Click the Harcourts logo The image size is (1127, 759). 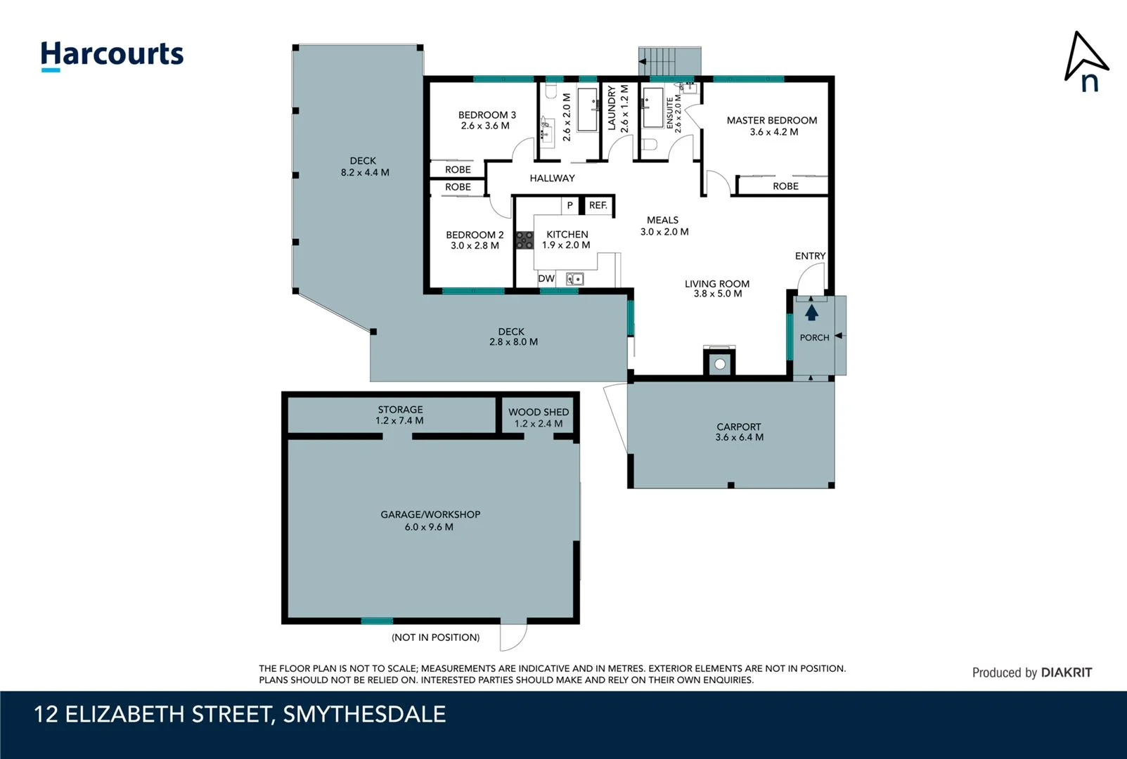click(112, 55)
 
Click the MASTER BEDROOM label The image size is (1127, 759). click(771, 121)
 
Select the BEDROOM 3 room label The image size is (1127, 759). click(487, 115)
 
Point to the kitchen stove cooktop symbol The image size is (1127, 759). click(524, 240)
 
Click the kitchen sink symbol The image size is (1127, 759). click(574, 279)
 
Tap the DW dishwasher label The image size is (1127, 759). click(546, 279)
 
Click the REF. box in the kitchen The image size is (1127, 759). click(598, 205)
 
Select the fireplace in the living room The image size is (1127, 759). click(719, 363)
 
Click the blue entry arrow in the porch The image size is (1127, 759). click(811, 312)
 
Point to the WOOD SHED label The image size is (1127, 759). click(539, 413)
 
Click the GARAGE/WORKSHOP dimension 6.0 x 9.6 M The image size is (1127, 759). click(429, 527)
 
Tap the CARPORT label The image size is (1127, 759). click(739, 427)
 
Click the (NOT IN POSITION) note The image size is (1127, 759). click(435, 637)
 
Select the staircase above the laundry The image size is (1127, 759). click(669, 60)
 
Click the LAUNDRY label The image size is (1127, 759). click(612, 108)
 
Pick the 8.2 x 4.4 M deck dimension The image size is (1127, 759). click(364, 172)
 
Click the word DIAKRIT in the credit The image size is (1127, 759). click(1067, 673)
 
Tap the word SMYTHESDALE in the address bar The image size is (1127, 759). click(364, 715)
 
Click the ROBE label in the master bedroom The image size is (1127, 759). click(785, 186)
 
